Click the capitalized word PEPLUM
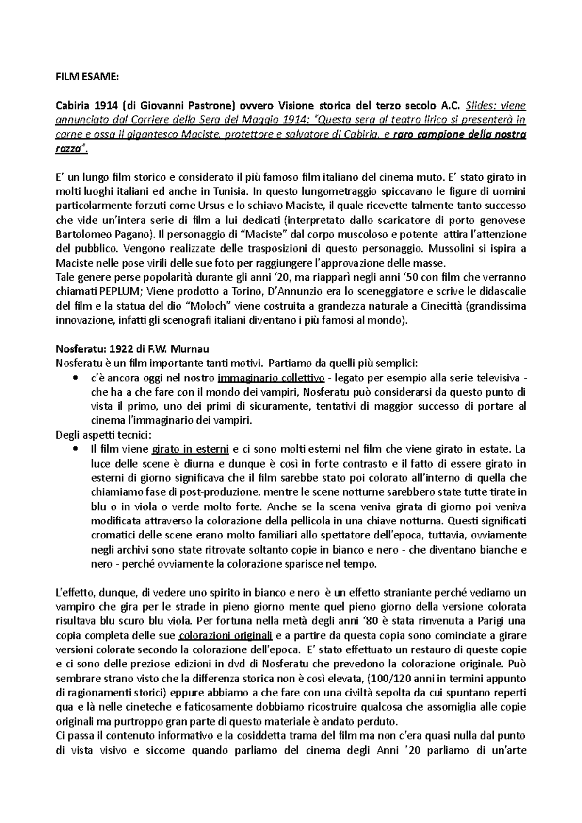point(119,292)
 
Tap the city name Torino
point(244,292)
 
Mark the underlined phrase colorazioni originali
point(226,635)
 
